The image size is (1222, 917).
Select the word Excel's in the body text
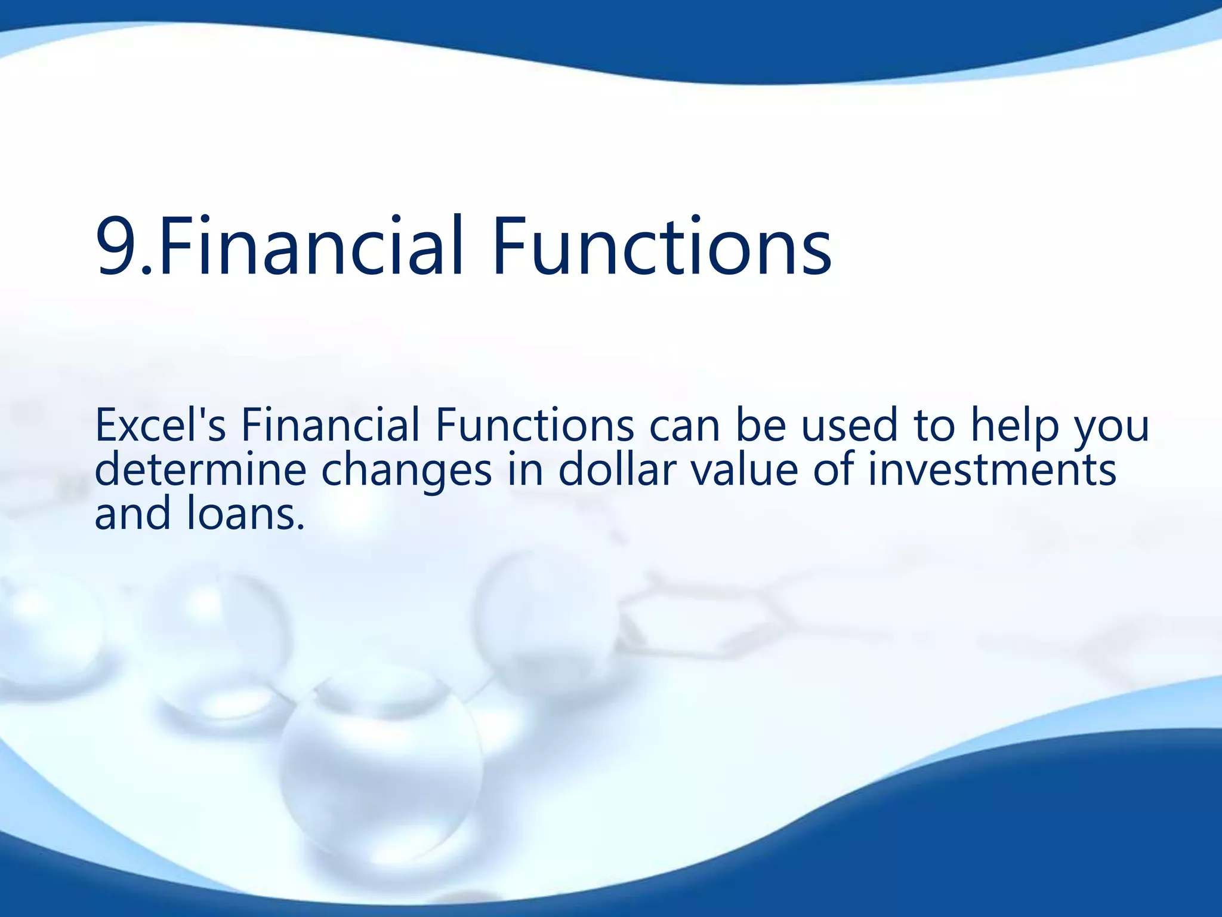coord(160,425)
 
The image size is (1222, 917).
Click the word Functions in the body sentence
coord(535,425)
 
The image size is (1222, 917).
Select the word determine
coord(200,469)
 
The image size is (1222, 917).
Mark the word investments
coord(991,469)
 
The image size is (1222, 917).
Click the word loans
coord(245,513)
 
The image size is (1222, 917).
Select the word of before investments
coord(833,469)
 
